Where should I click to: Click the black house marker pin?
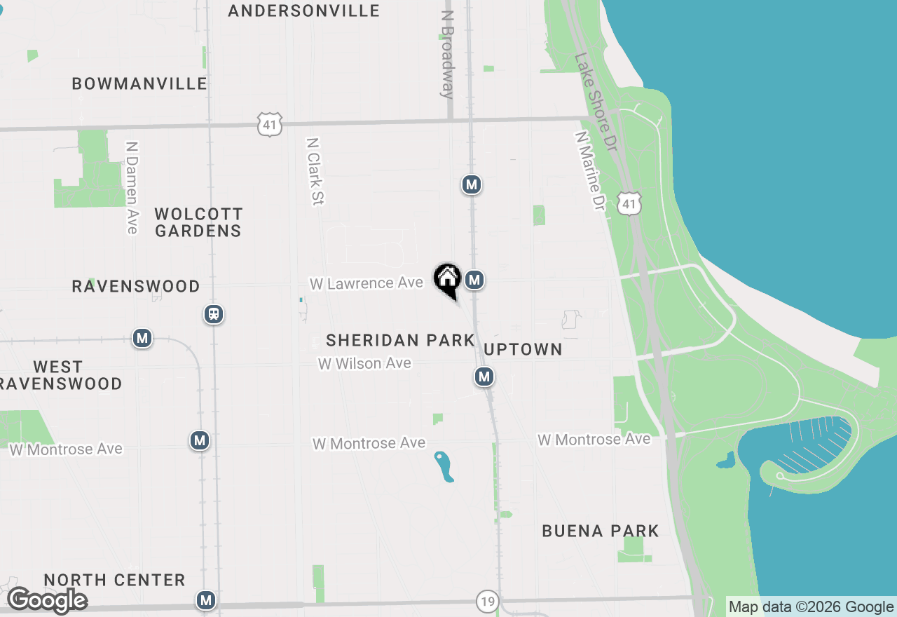(x=447, y=279)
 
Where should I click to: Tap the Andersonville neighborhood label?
(x=303, y=11)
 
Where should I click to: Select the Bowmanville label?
(x=139, y=84)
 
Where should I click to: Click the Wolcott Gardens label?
(x=198, y=222)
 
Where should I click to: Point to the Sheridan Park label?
(x=400, y=341)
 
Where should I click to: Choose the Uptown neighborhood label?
(x=523, y=349)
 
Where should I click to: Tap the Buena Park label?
(x=601, y=531)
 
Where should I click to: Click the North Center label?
(x=114, y=580)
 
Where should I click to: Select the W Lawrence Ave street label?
(x=367, y=283)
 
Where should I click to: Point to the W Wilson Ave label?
(x=364, y=363)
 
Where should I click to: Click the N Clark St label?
(x=315, y=171)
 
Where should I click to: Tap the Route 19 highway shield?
(x=488, y=601)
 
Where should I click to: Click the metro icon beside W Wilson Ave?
(x=484, y=377)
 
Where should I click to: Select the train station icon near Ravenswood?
(x=214, y=313)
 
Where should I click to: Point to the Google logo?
(x=47, y=600)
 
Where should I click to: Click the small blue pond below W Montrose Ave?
(x=444, y=467)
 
